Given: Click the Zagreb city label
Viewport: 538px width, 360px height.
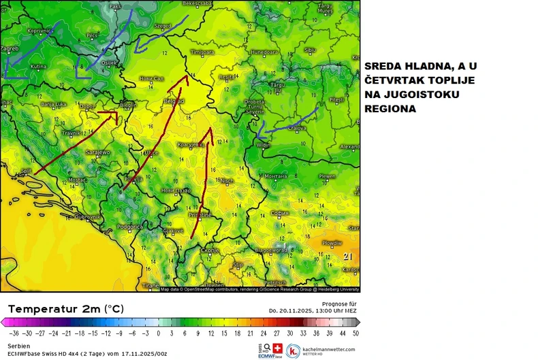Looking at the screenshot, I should tap(10, 49).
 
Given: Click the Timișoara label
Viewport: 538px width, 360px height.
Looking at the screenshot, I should tap(202, 52).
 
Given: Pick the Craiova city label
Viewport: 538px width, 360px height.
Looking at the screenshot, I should tap(296, 127).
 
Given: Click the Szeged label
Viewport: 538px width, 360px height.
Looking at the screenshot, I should tap(163, 26).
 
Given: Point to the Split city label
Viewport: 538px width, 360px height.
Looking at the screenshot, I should tap(27, 171).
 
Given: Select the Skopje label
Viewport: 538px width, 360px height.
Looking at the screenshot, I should tap(209, 250).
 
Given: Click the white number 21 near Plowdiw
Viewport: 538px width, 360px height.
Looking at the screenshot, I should tap(348, 256).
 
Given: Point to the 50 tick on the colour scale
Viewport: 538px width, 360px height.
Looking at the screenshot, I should tap(355, 333).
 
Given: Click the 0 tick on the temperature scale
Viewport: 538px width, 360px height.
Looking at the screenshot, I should tap(158, 333).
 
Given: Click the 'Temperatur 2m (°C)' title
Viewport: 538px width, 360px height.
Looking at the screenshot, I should tap(65, 308).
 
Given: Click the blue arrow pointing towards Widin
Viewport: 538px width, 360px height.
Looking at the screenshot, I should tap(286, 122).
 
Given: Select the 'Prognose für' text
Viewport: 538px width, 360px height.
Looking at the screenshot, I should tap(338, 303).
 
